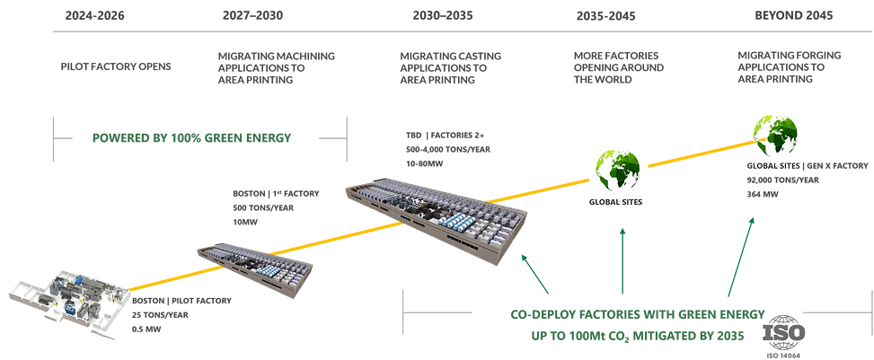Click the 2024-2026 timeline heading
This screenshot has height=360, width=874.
94,15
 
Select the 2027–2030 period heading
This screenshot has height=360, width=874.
252,15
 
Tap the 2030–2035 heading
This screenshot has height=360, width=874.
443,15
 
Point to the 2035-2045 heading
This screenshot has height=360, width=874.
606,16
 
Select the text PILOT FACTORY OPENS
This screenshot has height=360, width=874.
116,66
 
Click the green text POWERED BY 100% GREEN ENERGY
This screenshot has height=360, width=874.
191,137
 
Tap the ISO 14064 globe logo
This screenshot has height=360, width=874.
783,332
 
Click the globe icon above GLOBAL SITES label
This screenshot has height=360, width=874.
617,169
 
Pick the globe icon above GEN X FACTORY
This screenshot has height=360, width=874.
775,135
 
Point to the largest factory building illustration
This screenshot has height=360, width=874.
436,218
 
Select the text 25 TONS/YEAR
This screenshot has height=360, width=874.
161,315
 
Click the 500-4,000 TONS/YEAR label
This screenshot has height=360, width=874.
448,149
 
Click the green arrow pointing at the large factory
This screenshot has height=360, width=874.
534,274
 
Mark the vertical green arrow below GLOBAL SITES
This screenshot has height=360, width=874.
622,260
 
